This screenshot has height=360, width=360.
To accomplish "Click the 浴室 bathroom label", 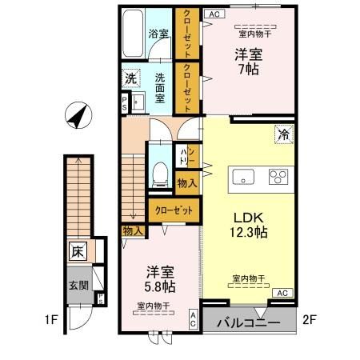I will (x=158, y=34).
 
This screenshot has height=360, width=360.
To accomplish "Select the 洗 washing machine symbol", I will (x=130, y=79).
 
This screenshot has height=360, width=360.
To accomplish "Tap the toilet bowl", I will (x=160, y=172).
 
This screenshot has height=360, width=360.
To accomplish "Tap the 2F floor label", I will (x=310, y=322).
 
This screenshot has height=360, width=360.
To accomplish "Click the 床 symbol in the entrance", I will (x=77, y=251).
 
